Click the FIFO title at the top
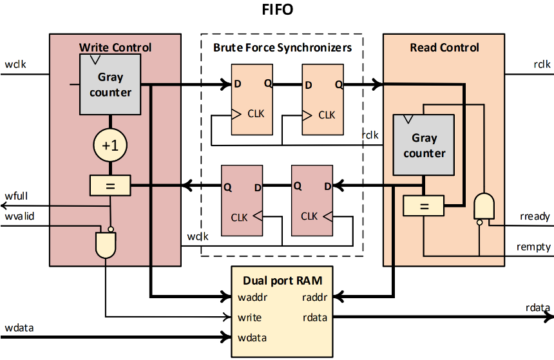(277, 11)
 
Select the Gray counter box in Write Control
(110, 84)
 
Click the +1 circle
(110, 146)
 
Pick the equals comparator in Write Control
(110, 186)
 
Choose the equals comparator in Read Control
(423, 206)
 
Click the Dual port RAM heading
(282, 280)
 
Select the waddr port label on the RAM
(253, 298)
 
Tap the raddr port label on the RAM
(315, 298)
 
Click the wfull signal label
(17, 196)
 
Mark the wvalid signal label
(19, 216)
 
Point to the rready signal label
(535, 216)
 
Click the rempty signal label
(533, 247)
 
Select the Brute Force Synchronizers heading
(282, 47)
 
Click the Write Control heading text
(115, 47)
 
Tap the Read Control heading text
(444, 47)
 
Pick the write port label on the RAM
(249, 317)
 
